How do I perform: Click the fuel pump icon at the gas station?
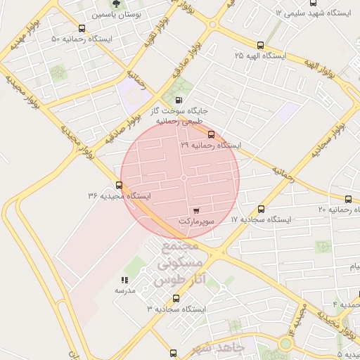[178, 101]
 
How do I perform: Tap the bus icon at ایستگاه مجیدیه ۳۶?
[119, 186]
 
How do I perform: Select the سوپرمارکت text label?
[195, 221]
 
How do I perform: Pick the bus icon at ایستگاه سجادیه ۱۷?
[261, 209]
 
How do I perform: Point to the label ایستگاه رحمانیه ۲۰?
[337, 210]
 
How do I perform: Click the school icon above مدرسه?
[125, 280]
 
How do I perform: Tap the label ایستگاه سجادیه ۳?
[176, 309]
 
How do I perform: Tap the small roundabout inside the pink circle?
[184, 179]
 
